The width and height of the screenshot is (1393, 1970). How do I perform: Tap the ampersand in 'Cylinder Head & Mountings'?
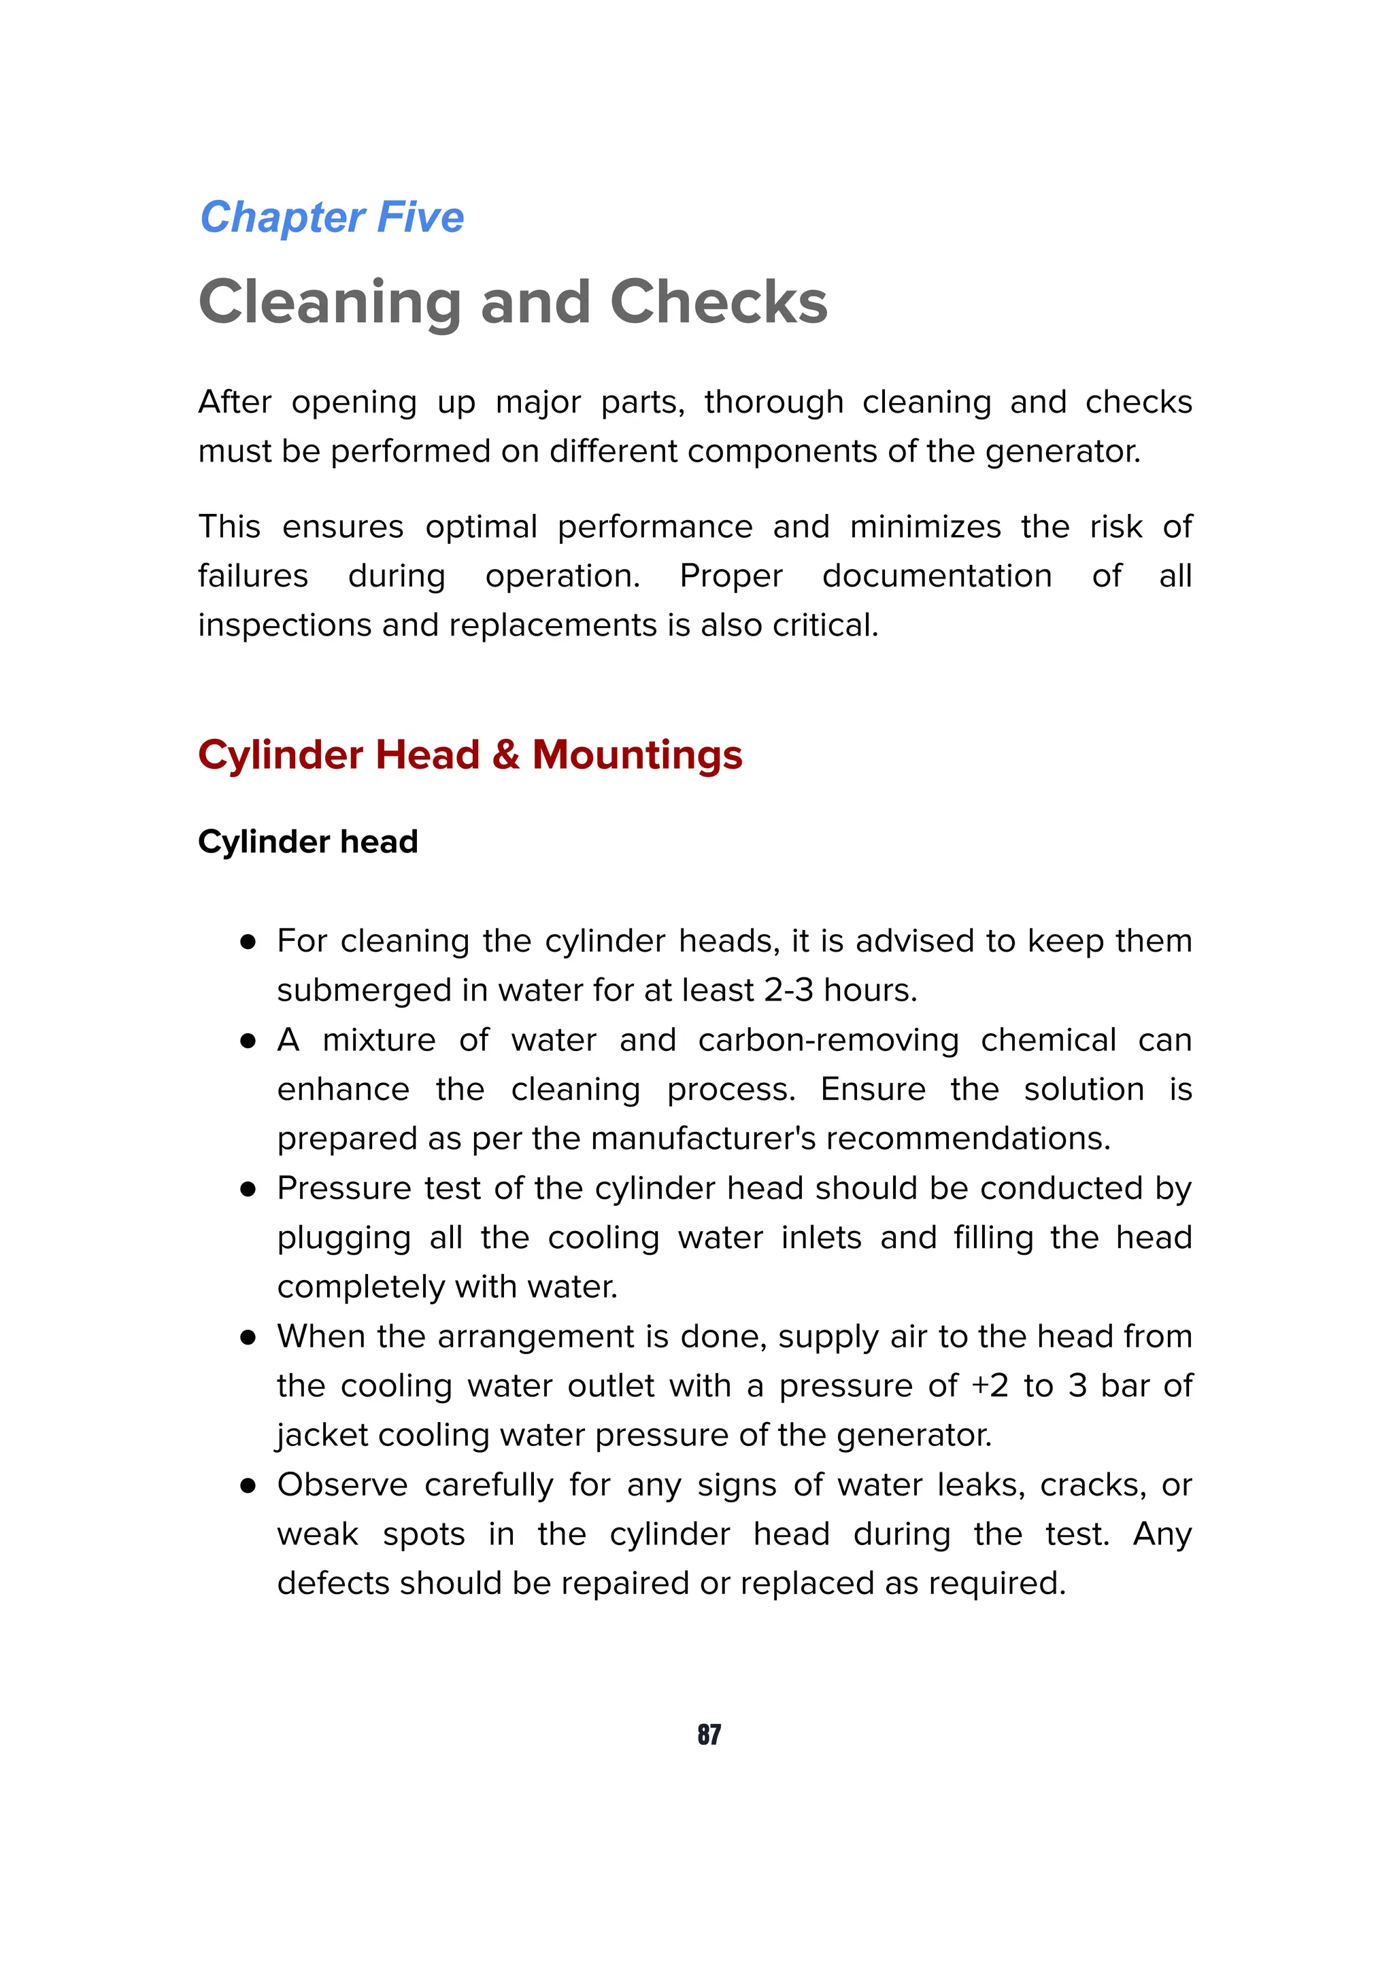click(505, 755)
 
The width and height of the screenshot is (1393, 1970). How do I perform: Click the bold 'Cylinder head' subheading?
click(307, 842)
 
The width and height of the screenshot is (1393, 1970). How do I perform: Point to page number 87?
click(709, 1734)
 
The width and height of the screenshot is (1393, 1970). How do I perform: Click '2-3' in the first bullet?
click(788, 990)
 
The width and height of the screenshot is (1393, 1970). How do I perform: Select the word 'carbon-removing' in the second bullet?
click(828, 1040)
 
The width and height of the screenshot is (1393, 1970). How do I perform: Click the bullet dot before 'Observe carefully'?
click(248, 1485)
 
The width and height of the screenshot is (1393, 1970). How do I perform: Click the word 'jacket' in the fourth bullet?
click(322, 1436)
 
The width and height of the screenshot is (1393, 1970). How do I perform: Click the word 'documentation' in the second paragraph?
click(937, 576)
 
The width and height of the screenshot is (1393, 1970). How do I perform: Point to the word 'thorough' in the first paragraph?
click(773, 402)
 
